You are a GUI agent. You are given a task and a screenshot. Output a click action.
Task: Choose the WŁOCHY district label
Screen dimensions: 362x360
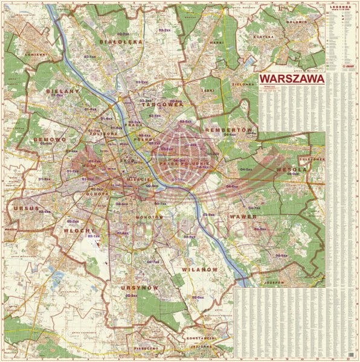coord(81,230)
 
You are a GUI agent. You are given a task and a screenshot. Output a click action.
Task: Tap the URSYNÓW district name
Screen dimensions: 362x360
coord(140,288)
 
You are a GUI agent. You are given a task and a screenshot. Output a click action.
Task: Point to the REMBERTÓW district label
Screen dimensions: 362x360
coord(228,130)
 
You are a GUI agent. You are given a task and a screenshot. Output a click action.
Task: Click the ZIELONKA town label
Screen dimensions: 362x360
coord(243,84)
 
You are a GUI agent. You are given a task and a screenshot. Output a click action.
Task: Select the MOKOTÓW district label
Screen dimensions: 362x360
coord(146,216)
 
